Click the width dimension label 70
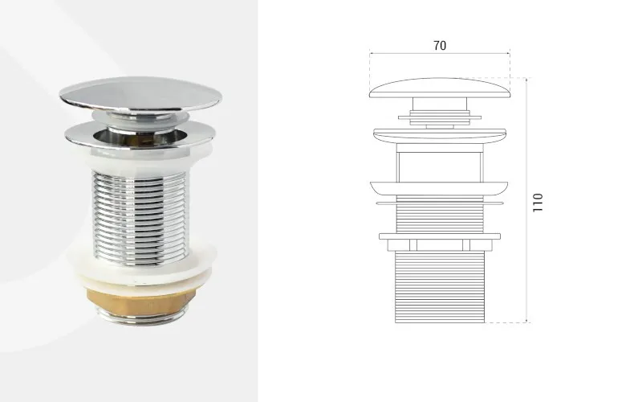pos(440,46)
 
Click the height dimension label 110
pos(538,203)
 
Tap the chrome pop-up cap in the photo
pos(140,94)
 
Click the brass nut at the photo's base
pos(140,301)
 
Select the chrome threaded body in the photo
pos(140,216)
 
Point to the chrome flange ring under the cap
pos(140,134)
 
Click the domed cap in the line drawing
pos(440,88)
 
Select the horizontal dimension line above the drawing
pos(440,53)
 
